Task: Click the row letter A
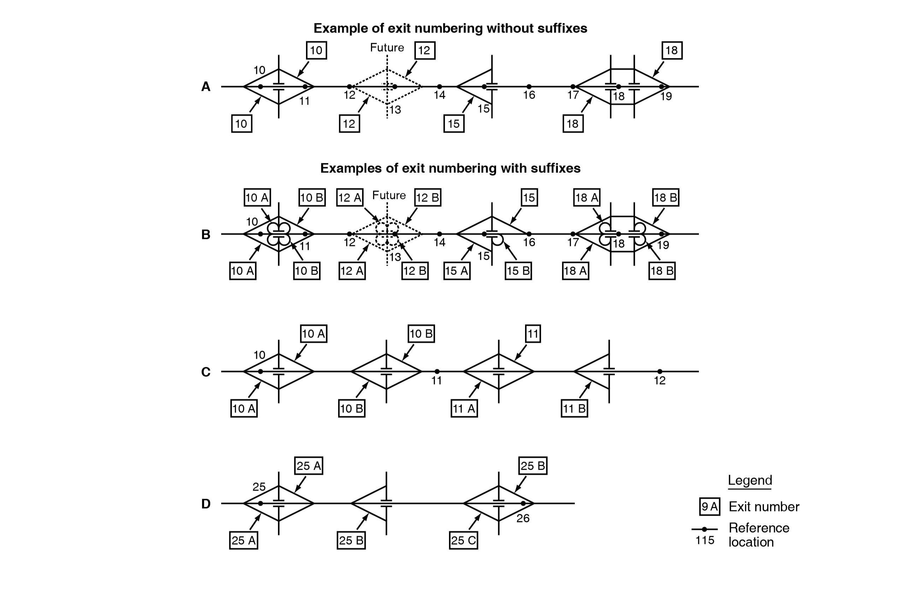(206, 87)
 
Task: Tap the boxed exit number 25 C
(463, 540)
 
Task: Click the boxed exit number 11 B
(574, 409)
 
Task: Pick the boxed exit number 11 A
(464, 409)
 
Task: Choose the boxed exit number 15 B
(518, 271)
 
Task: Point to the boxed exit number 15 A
(457, 271)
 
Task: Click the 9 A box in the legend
(709, 506)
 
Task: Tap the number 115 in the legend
(704, 540)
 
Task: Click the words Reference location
(759, 535)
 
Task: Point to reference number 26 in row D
(523, 518)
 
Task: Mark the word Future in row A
(387, 48)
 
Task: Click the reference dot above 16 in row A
(529, 87)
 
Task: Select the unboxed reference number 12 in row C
(660, 380)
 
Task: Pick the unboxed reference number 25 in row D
(259, 487)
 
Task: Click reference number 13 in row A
(395, 110)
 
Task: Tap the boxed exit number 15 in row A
(454, 124)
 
